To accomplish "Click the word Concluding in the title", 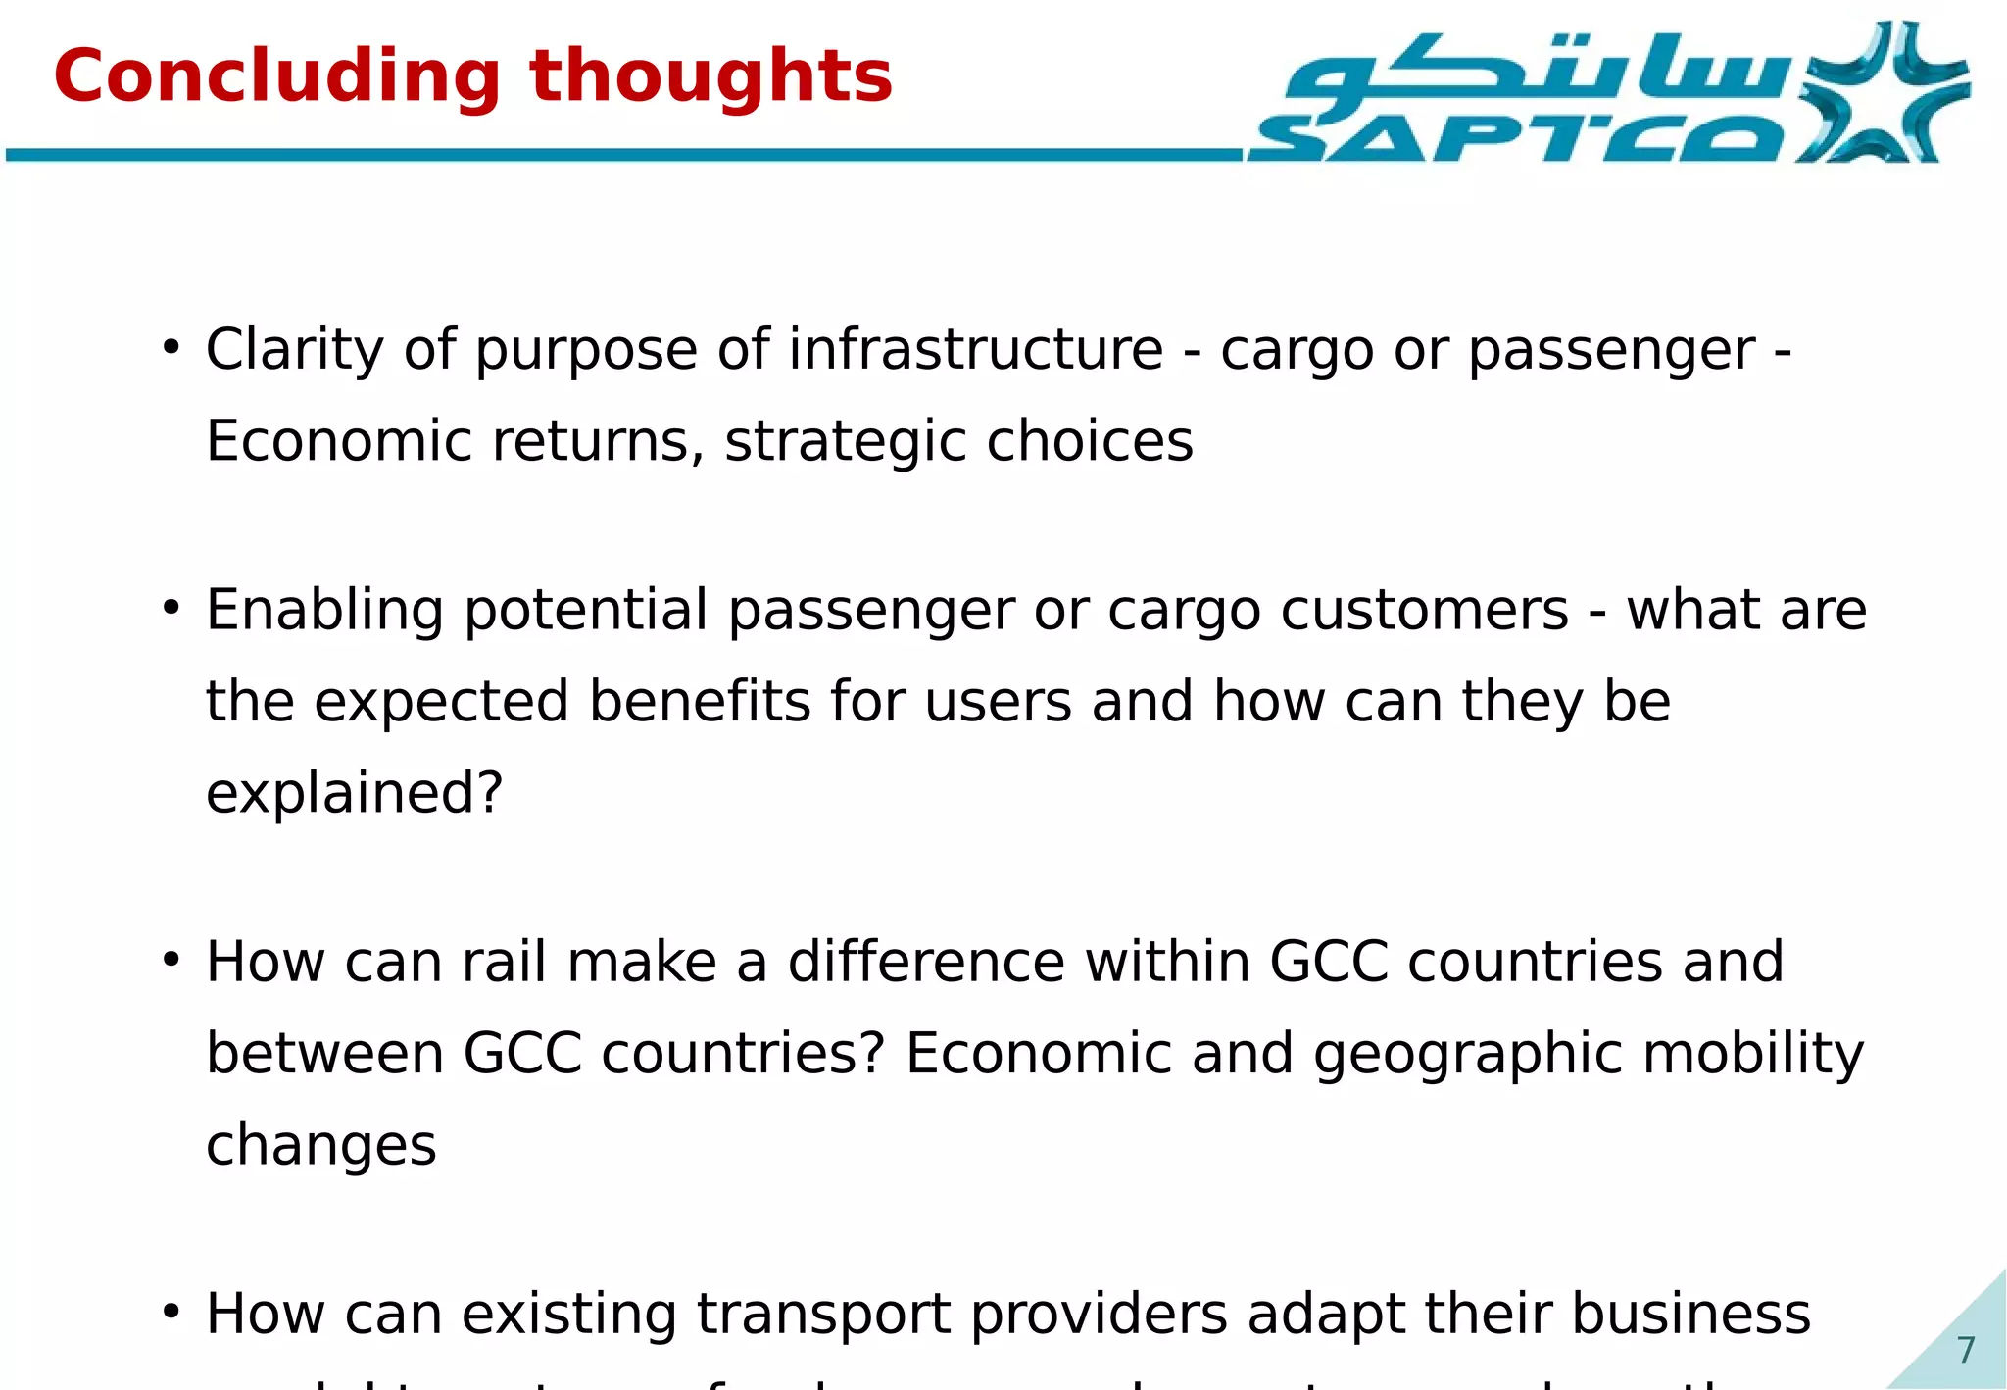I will (277, 78).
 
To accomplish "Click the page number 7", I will (1965, 1350).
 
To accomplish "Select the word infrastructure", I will (975, 350).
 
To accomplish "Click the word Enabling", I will (324, 611).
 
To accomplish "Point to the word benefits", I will (700, 702).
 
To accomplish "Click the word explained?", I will (354, 793).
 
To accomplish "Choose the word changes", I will (320, 1145).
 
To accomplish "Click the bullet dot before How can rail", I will (171, 960).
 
